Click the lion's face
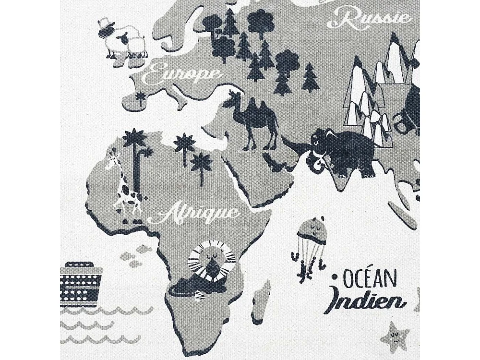tap(211, 261)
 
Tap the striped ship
tap(80, 284)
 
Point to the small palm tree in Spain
tap(140, 97)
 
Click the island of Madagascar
tap(261, 302)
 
